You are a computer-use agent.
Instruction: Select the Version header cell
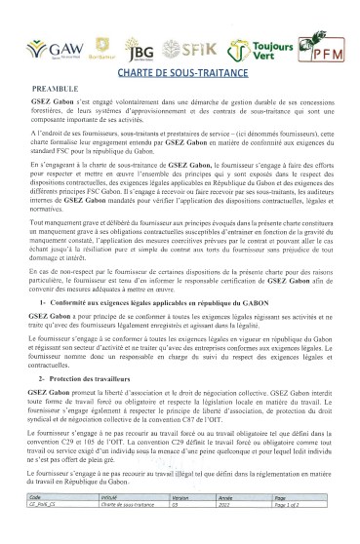(180, 523)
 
